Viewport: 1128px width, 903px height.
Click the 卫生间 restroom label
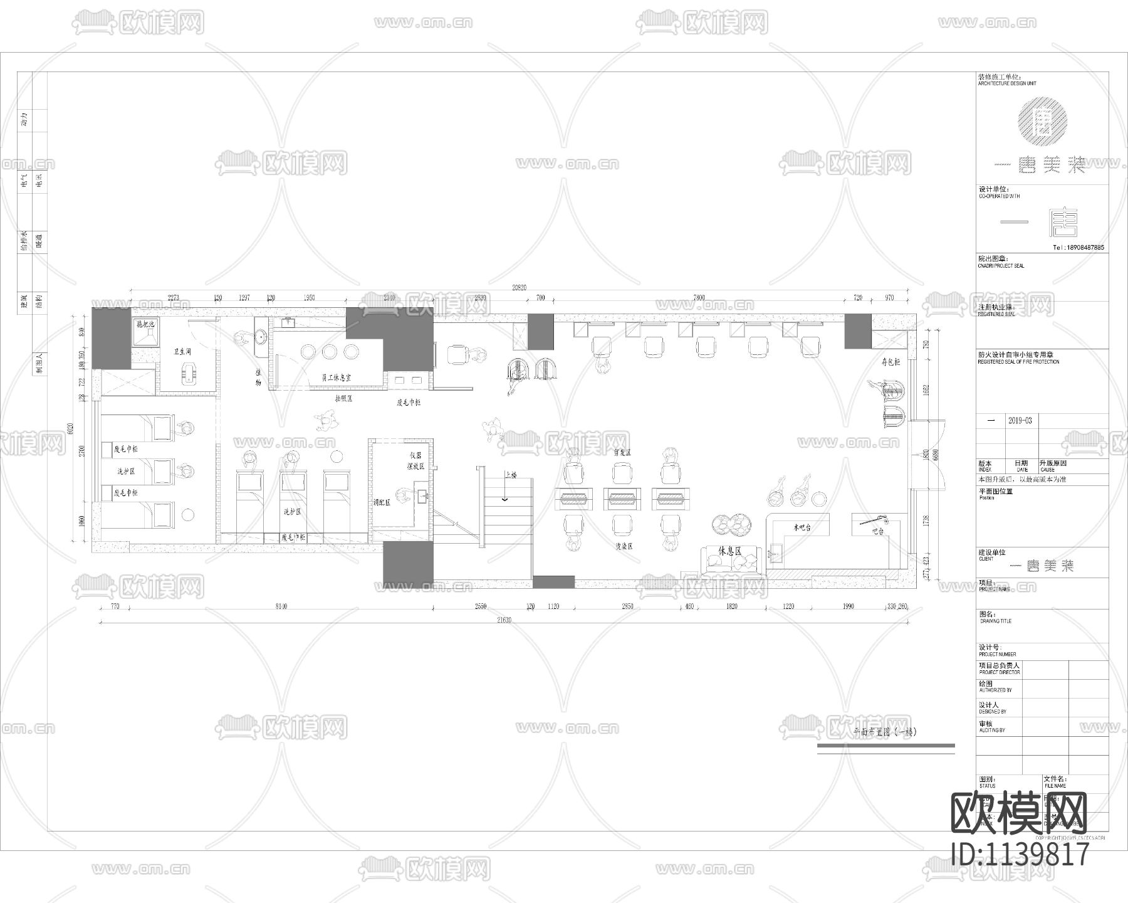click(x=182, y=352)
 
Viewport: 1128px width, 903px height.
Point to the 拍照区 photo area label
click(x=344, y=398)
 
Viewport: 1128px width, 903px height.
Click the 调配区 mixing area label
click(x=382, y=502)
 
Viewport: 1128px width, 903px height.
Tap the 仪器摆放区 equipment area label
click(x=416, y=461)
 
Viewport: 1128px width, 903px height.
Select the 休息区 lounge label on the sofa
click(x=730, y=551)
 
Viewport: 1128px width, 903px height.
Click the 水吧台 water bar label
click(x=802, y=527)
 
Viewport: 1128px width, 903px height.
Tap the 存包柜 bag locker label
click(x=890, y=362)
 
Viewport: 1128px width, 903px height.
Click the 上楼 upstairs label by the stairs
click(x=510, y=476)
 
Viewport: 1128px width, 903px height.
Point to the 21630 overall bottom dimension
click(x=503, y=620)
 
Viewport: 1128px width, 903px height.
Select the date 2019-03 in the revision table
click(x=1020, y=421)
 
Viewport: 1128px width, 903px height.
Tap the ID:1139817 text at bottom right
click(x=1020, y=854)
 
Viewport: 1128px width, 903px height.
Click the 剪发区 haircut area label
click(x=621, y=451)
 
